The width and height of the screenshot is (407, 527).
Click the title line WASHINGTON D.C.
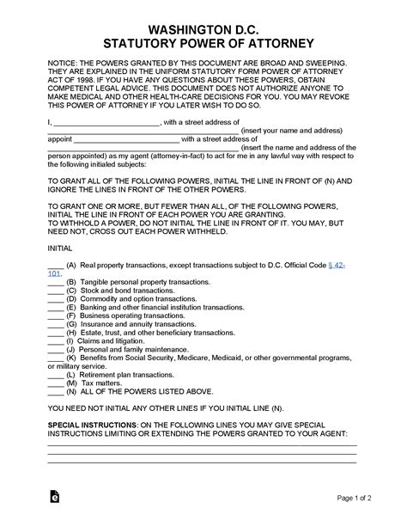(x=203, y=27)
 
